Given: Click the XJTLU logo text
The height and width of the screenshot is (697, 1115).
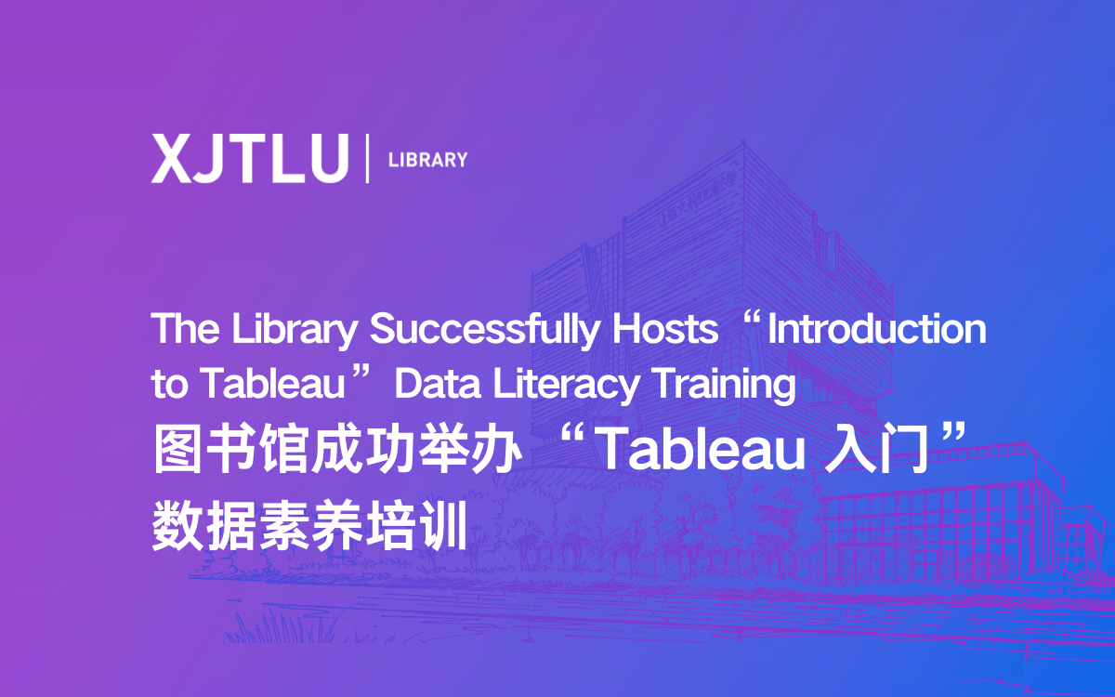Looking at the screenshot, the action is (250, 158).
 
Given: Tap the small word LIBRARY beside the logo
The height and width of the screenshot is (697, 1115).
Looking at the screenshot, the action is (427, 160).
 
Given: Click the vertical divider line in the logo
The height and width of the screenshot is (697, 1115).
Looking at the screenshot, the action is (367, 158).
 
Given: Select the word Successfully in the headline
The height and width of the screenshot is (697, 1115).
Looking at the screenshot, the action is (484, 329).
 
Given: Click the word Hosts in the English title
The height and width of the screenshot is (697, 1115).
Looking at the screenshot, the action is (665, 329).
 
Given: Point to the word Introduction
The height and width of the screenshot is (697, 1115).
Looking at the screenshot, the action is (877, 329).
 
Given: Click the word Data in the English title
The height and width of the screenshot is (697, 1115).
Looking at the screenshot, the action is (438, 384).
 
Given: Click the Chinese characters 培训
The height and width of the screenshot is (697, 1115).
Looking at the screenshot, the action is (415, 526).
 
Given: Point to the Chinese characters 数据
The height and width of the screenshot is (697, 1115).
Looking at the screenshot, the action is (203, 526).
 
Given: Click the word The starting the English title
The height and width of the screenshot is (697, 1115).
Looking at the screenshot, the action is (185, 328).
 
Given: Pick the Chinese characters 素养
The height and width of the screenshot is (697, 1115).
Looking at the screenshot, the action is (309, 526).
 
